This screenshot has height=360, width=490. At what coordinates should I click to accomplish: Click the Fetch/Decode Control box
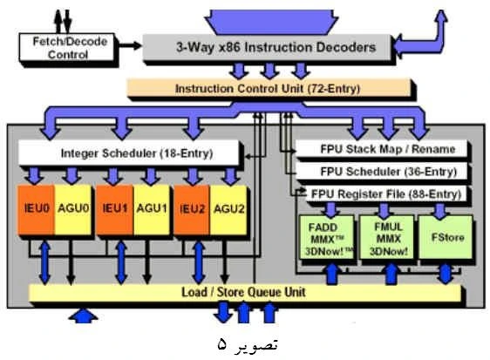coord(67,47)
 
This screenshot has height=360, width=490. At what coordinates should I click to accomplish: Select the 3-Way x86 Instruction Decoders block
coord(267,47)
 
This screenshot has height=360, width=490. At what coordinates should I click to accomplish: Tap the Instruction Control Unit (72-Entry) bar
coord(269,88)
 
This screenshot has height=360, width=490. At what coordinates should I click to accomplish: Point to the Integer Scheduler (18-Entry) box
coord(129,153)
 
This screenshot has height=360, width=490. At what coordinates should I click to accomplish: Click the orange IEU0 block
coord(37,209)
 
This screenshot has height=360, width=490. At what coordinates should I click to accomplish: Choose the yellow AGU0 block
coord(73,209)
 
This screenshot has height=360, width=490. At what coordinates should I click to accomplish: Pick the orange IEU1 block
coord(115,209)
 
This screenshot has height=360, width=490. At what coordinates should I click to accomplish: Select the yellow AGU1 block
coord(152,209)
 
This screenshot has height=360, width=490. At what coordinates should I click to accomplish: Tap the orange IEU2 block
coord(192,209)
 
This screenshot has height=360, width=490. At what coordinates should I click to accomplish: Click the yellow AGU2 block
coord(228,209)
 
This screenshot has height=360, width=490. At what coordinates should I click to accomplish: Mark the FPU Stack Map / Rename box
coord(381,149)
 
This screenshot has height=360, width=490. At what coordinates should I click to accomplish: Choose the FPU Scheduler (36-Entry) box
coord(381,171)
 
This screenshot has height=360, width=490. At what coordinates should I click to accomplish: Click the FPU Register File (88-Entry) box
coord(385,194)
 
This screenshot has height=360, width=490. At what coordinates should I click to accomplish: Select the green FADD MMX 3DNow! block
coord(327,237)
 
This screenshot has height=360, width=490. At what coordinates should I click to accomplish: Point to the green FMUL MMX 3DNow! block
coord(387,237)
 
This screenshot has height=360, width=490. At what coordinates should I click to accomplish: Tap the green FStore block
coord(446,237)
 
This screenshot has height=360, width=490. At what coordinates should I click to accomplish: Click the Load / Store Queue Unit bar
coord(245,293)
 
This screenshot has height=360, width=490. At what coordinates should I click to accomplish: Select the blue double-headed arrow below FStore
coord(446,274)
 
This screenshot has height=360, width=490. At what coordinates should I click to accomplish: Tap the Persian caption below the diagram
coord(248,344)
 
